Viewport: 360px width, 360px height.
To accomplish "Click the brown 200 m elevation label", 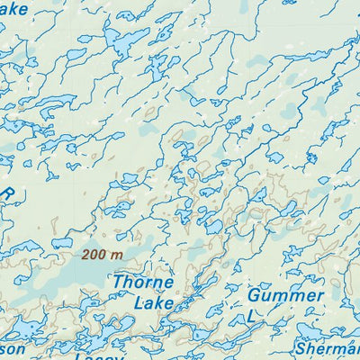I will click(x=102, y=255).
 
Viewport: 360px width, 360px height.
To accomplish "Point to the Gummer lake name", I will click(x=285, y=296).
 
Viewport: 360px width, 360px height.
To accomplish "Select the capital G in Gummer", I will click(x=255, y=296).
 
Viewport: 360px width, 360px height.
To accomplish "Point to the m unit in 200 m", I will click(x=116, y=255).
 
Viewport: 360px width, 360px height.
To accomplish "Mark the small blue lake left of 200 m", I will click(x=61, y=242).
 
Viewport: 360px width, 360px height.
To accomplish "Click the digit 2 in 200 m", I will click(x=86, y=255).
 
